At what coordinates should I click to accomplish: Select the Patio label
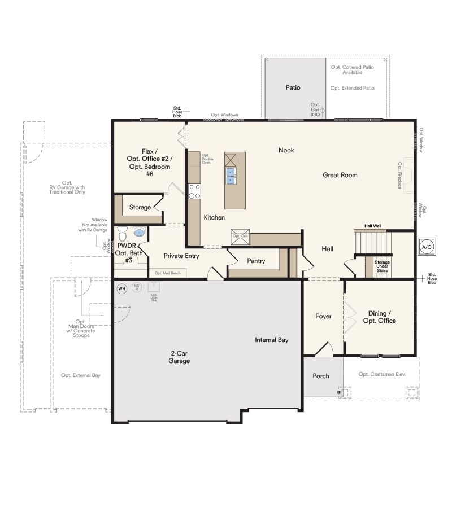click(293, 87)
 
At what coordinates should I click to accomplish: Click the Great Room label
click(340, 175)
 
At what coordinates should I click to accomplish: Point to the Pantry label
click(256, 261)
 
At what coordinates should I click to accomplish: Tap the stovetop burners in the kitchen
click(194, 192)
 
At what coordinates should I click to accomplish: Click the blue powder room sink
click(139, 231)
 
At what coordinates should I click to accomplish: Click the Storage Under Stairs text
click(383, 266)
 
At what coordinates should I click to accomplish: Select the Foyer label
click(323, 317)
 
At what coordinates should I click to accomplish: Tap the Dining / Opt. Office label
click(382, 317)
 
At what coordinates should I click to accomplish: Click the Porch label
click(321, 376)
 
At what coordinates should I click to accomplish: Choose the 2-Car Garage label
click(179, 357)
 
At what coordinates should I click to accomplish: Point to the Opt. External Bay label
click(81, 375)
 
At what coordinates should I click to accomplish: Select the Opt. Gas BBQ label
click(315, 110)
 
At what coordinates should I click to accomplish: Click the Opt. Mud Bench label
click(168, 273)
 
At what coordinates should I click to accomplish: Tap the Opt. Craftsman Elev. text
click(383, 374)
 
